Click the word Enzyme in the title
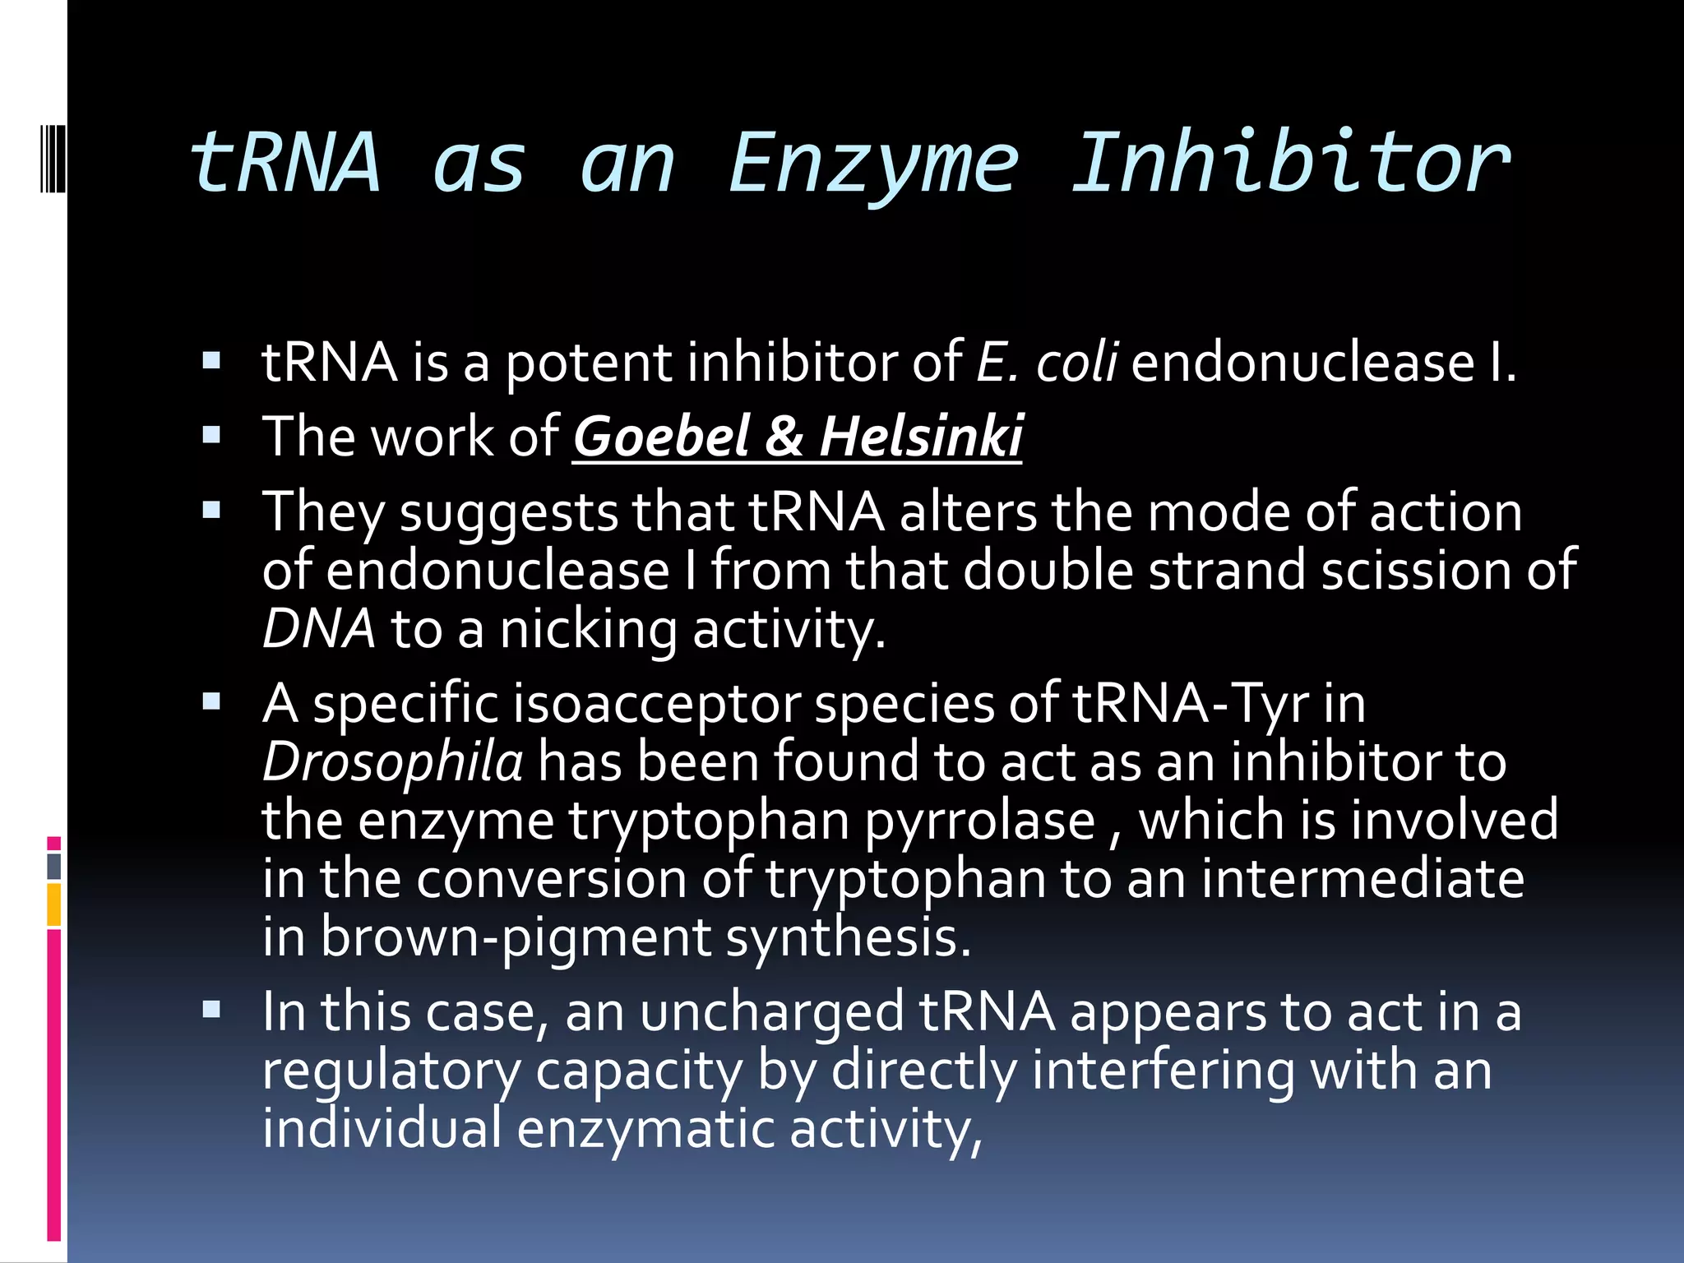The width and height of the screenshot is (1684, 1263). pyautogui.click(x=873, y=164)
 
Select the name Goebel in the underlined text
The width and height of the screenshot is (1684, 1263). pyautogui.click(x=660, y=436)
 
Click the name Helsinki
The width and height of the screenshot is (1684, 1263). pyautogui.click(x=921, y=436)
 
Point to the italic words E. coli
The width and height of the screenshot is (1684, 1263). pyautogui.click(x=1046, y=362)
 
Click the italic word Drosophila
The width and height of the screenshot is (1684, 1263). pyautogui.click(x=392, y=761)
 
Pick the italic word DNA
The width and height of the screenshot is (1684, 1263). pyautogui.click(x=318, y=630)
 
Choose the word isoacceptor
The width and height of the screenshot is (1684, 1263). pyautogui.click(x=656, y=704)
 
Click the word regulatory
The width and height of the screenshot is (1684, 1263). pyautogui.click(x=391, y=1071)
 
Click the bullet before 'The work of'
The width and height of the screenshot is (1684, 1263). pyautogui.click(x=212, y=435)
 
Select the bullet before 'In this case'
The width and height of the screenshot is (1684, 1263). pyautogui.click(x=212, y=1010)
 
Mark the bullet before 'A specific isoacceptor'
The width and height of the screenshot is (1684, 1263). pyautogui.click(x=212, y=702)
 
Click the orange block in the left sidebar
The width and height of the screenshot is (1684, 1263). pyautogui.click(x=53, y=904)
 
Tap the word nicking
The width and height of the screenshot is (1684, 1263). pyautogui.click(x=588, y=630)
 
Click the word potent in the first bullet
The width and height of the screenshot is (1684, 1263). pyautogui.click(x=588, y=362)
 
